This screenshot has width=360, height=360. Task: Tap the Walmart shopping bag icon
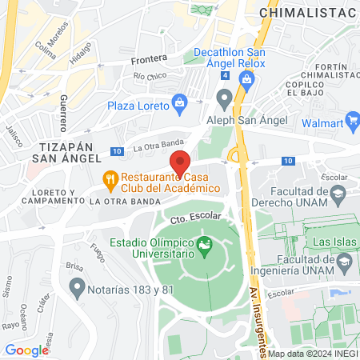[351, 124]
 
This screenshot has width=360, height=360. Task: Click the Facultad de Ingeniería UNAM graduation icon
[344, 261]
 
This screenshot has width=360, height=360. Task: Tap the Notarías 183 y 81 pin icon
[77, 285]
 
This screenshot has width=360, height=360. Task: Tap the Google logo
[27, 350]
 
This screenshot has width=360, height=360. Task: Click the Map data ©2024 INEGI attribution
[313, 354]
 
